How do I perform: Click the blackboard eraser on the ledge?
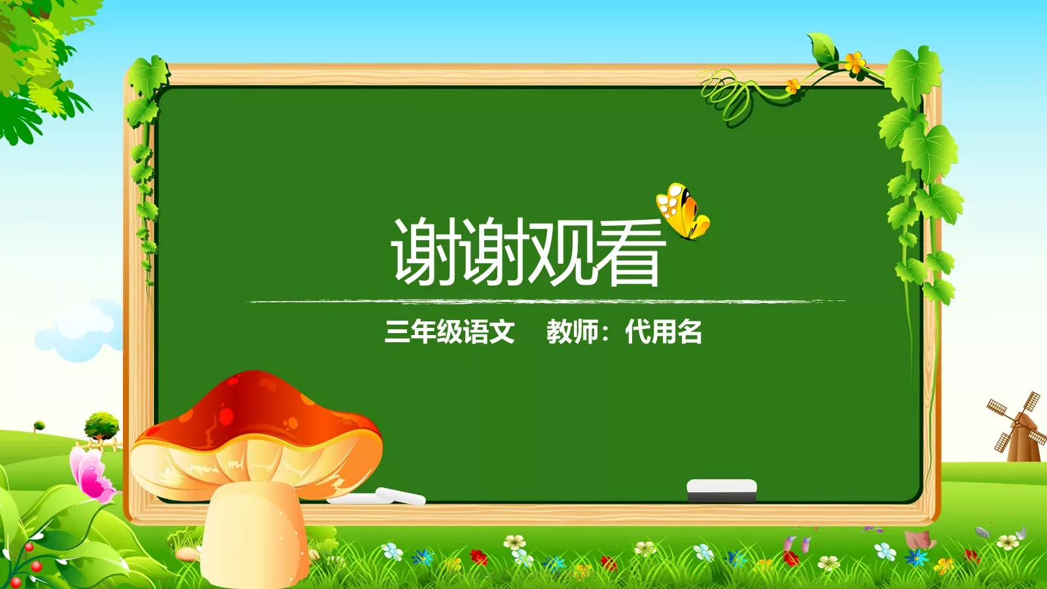click(721, 490)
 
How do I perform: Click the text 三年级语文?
click(450, 332)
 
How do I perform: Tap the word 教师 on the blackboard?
click(573, 332)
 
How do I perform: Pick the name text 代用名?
click(664, 332)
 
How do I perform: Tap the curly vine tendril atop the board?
click(726, 95)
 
